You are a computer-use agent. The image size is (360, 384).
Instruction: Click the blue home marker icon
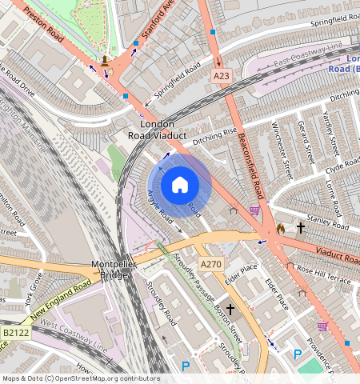coord(180,186)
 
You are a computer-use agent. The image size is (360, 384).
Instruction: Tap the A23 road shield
coord(222,76)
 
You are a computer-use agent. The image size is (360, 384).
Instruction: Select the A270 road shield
coord(210,265)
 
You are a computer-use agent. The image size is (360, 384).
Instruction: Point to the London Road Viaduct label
coord(157,130)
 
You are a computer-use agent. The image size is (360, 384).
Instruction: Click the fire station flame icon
coord(280,229)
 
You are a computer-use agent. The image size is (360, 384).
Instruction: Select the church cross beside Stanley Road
coord(301,228)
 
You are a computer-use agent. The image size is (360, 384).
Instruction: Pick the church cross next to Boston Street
coord(230,308)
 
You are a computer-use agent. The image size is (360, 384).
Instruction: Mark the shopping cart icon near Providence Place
coord(323,326)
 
